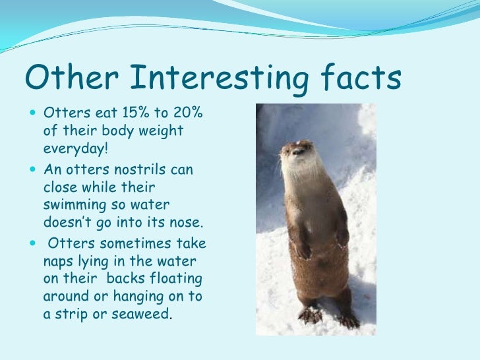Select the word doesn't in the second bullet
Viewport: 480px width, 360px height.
click(x=70, y=221)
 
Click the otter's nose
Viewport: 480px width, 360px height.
click(x=298, y=150)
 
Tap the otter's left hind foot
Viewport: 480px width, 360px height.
click(x=347, y=320)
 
